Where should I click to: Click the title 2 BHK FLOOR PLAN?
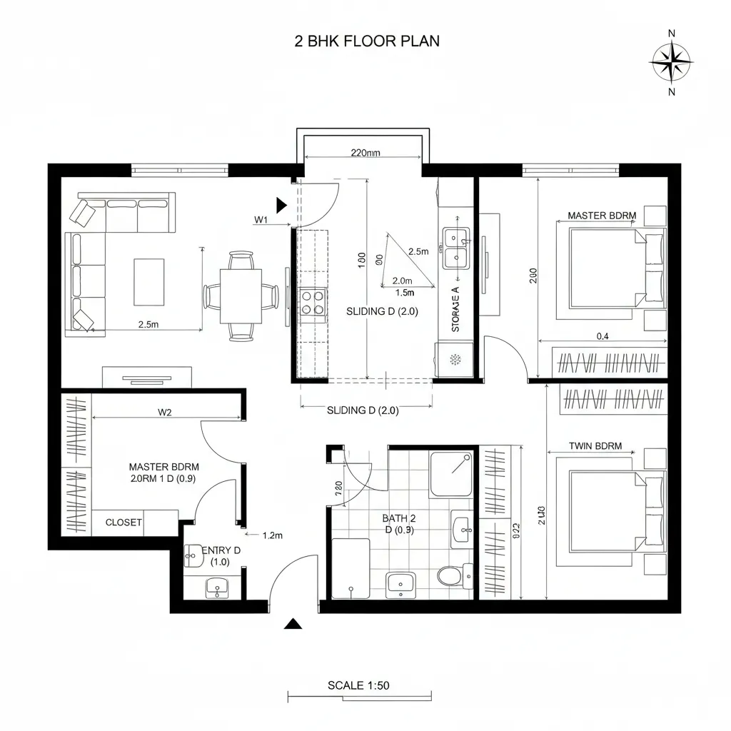point(367,41)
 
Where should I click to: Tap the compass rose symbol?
point(670,62)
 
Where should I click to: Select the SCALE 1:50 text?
point(358,685)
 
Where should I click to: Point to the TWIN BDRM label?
point(595,446)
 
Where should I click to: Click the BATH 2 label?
point(398,518)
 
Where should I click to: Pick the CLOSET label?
point(123,523)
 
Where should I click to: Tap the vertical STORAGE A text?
point(455,308)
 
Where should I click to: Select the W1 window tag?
point(261,220)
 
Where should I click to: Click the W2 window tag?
point(165,411)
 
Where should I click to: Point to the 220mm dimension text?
point(365,152)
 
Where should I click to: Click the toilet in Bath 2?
point(449,575)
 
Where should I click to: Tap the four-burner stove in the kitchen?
point(311,301)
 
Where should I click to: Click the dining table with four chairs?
point(241,296)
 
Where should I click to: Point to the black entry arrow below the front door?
point(291,624)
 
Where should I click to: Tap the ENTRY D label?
point(221,555)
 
